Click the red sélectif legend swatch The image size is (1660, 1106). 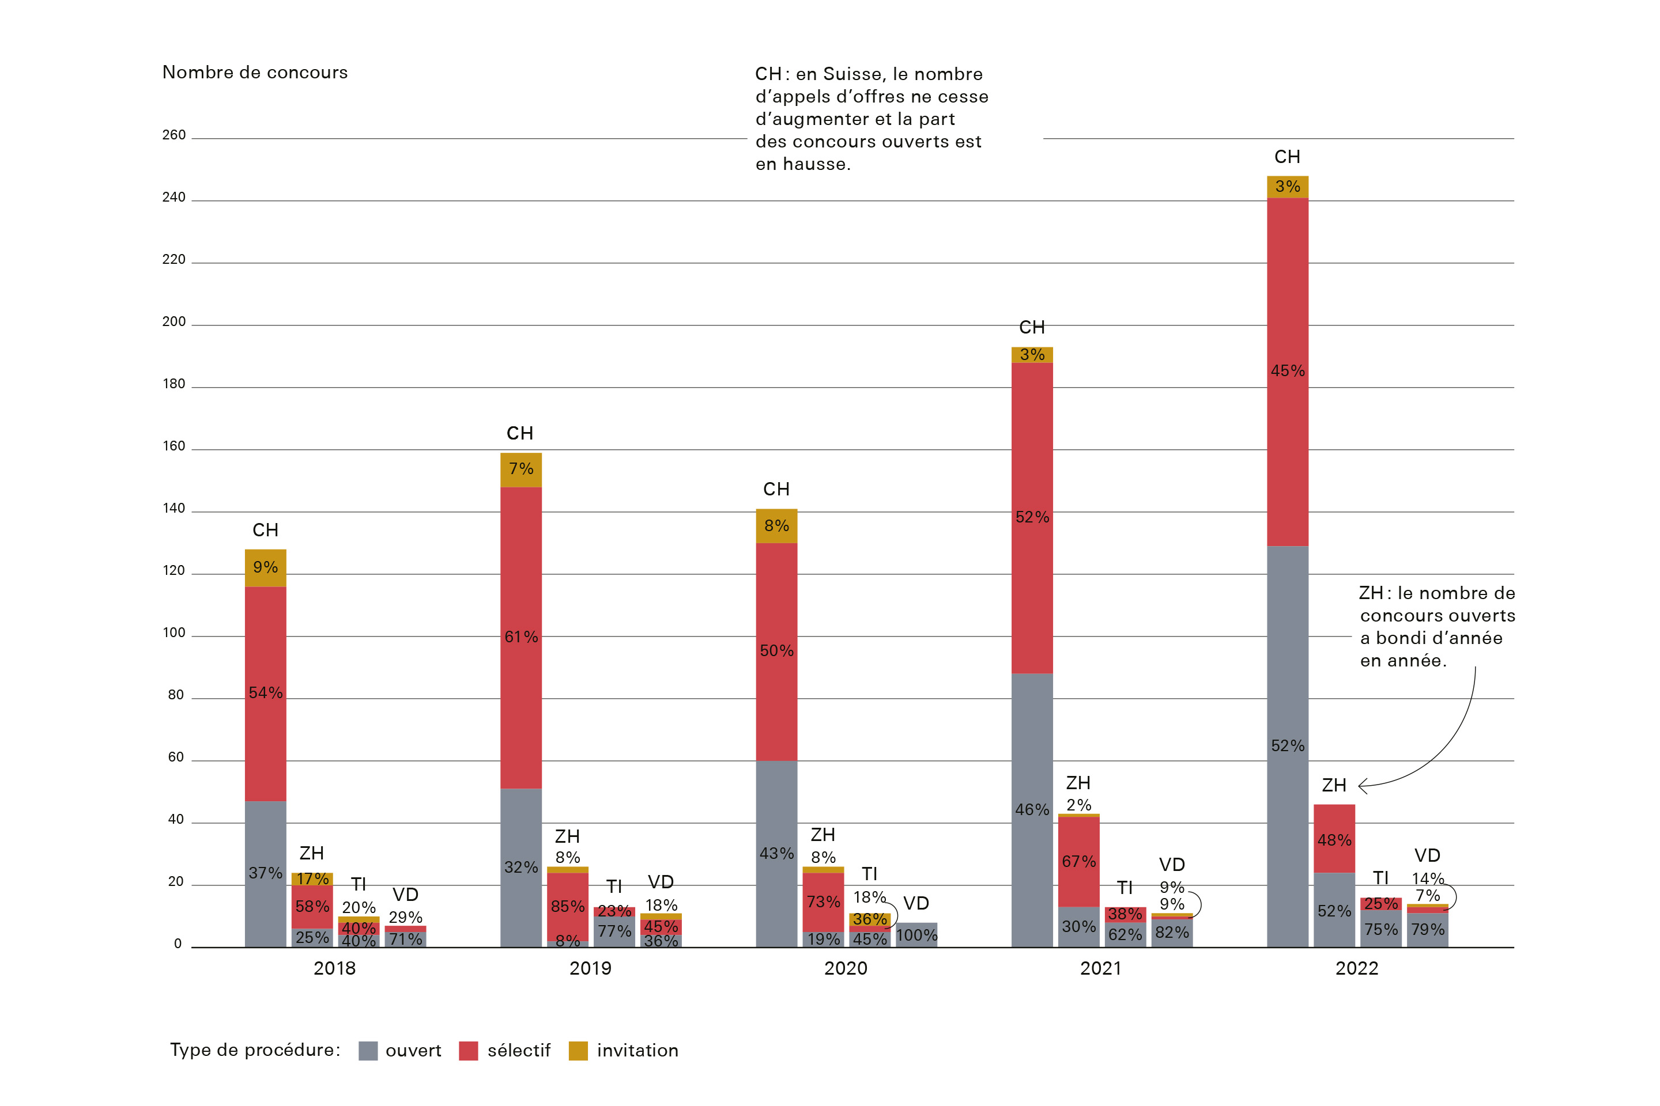pyautogui.click(x=468, y=1051)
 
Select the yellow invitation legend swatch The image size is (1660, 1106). pyautogui.click(x=578, y=1051)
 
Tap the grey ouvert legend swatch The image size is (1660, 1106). pyautogui.click(x=368, y=1051)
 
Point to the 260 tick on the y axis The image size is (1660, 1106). pyautogui.click(x=173, y=135)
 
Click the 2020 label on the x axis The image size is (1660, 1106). pyautogui.click(x=846, y=968)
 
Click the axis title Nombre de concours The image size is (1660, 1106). pyautogui.click(x=255, y=73)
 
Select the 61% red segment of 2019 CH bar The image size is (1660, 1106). pyautogui.click(x=521, y=637)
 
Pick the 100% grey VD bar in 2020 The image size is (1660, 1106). pyautogui.click(x=916, y=935)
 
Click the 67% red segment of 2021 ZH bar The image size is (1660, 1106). pyautogui.click(x=1078, y=861)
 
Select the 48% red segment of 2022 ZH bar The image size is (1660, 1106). pyautogui.click(x=1334, y=839)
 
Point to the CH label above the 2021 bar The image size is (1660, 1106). pyautogui.click(x=1032, y=327)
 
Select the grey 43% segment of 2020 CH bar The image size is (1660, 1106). pyautogui.click(x=776, y=854)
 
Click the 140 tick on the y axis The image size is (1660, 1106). pyautogui.click(x=173, y=509)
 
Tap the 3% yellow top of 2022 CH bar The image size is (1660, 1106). pyautogui.click(x=1287, y=187)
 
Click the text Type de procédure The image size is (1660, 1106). pyautogui.click(x=255, y=1050)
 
